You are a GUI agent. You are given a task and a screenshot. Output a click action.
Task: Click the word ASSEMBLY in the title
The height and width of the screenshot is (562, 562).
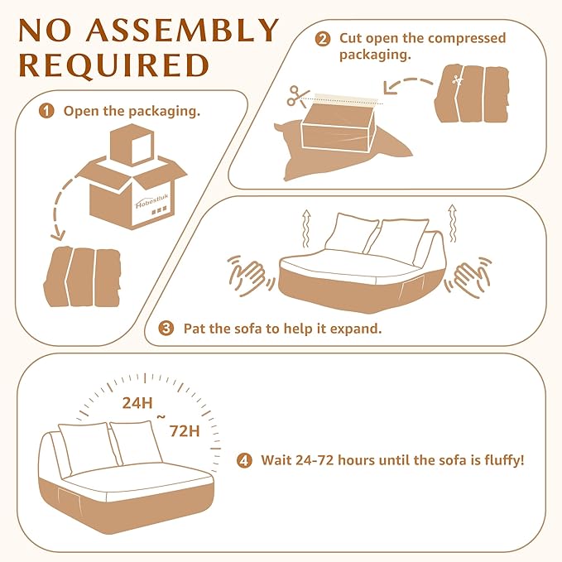pos(183,30)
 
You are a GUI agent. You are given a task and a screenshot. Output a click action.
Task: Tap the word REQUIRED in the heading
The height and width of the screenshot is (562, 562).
pos(114,65)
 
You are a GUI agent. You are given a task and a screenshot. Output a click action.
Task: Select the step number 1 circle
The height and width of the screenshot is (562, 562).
pos(46,111)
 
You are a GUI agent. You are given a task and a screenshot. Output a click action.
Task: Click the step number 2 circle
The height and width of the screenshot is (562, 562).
pos(323,39)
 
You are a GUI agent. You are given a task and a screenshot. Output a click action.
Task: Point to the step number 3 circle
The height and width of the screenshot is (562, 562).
pos(166,329)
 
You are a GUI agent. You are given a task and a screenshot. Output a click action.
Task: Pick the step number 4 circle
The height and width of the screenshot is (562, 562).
pos(244,460)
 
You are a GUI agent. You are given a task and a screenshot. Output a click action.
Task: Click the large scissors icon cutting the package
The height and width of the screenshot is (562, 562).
pos(297,96)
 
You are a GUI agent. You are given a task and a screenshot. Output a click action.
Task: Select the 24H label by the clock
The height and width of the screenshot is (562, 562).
pos(137,403)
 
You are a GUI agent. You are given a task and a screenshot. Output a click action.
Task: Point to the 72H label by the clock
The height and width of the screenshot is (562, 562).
pos(185,431)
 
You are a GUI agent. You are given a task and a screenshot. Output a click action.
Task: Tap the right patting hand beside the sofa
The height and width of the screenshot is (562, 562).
pos(468,277)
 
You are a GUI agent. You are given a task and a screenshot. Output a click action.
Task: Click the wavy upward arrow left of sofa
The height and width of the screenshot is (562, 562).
pos(305,228)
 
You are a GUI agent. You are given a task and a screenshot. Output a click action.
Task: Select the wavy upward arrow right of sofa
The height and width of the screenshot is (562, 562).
pos(453,223)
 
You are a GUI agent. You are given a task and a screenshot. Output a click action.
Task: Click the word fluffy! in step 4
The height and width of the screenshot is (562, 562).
pos(504,460)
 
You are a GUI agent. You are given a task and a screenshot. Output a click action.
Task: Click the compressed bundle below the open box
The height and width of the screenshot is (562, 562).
pos(82,276)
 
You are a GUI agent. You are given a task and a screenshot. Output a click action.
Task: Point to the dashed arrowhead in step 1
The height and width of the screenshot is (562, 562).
pos(59,236)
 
